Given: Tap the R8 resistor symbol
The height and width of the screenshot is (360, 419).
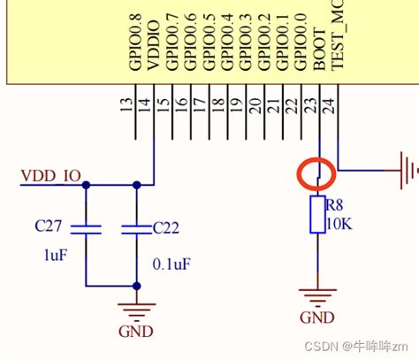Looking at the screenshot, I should point(316,215).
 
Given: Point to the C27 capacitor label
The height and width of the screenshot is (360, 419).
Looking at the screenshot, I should point(50,226).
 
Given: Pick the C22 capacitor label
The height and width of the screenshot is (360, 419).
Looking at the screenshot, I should point(167,227).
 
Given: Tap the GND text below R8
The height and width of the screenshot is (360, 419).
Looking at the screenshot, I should point(316,318).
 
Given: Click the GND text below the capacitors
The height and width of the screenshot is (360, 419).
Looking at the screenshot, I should point(136,332).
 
